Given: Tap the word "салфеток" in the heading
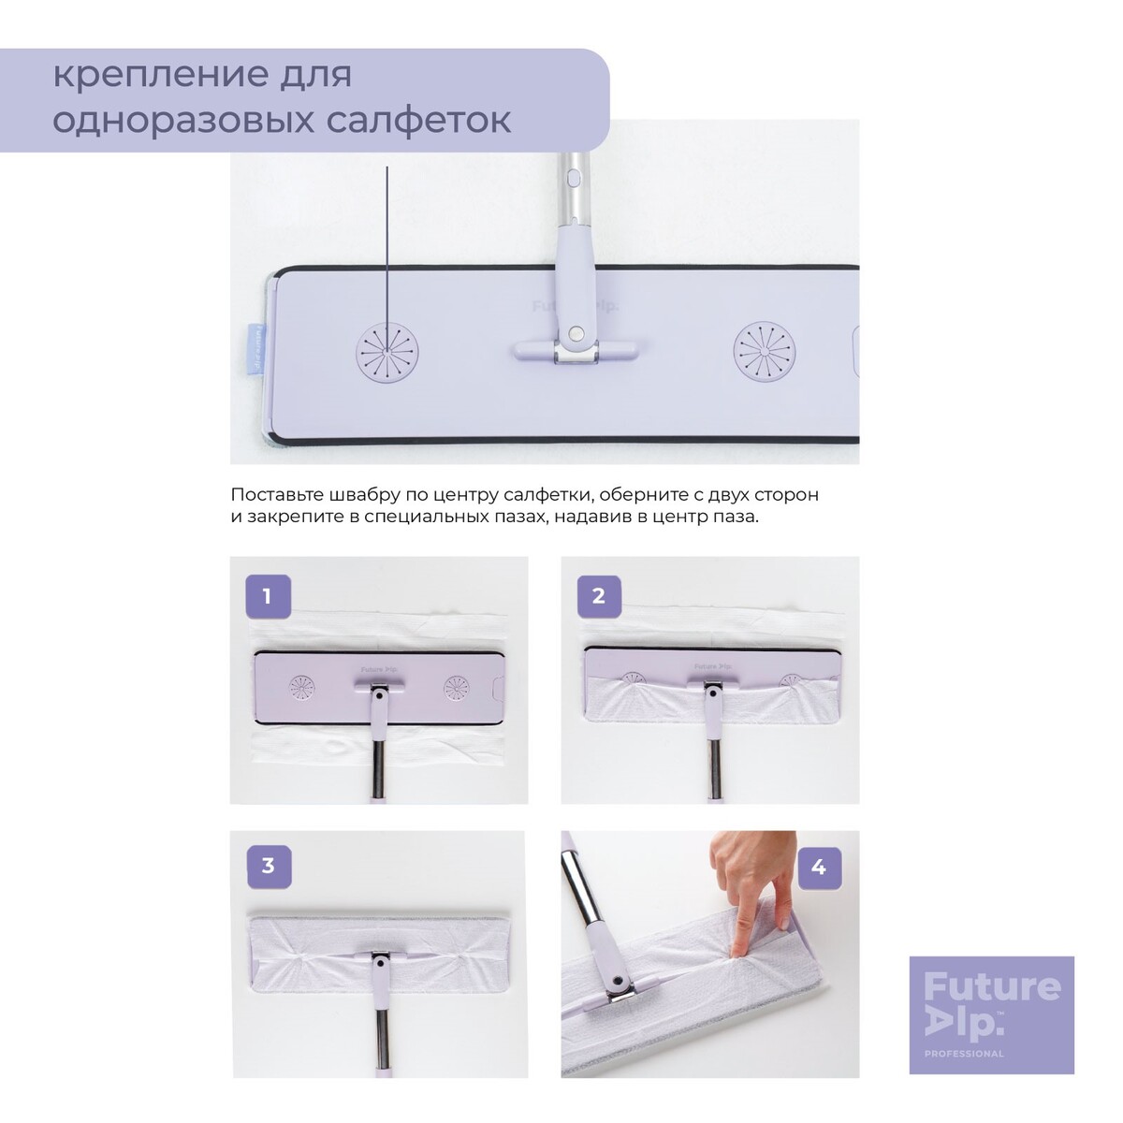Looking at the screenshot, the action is [x=418, y=121].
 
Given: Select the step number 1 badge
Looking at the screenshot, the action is [x=268, y=596].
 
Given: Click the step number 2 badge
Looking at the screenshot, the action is [x=599, y=596].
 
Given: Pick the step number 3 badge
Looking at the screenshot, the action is [x=268, y=866].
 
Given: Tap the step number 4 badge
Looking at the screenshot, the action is [x=819, y=868].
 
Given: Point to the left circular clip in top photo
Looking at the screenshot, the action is [x=386, y=352].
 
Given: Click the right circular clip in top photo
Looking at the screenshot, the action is [x=764, y=352].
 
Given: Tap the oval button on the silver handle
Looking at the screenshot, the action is [x=573, y=177].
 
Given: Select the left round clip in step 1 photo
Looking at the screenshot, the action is [x=301, y=687].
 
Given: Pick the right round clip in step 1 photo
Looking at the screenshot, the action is [x=456, y=687].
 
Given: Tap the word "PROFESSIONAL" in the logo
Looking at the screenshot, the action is [x=964, y=1037].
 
